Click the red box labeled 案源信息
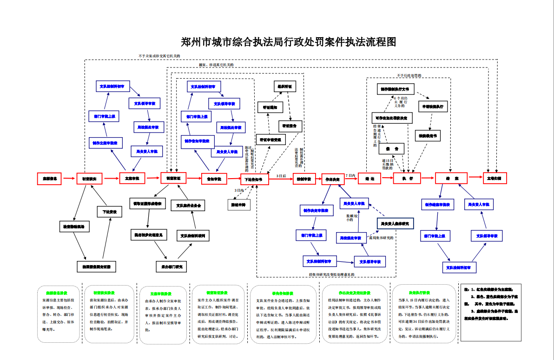(x=50, y=179)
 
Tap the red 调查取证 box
(x=173, y=178)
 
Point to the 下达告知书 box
(x=254, y=179)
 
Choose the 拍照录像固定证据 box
(x=96, y=267)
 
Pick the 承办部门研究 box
(x=171, y=267)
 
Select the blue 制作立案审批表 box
(x=106, y=142)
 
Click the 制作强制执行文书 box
(x=395, y=89)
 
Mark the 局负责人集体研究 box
(x=395, y=224)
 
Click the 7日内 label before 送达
(x=350, y=175)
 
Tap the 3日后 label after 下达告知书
(x=281, y=176)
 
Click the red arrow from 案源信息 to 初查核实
(x=69, y=178)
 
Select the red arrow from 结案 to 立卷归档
(x=475, y=177)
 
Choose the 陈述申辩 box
(x=240, y=204)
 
